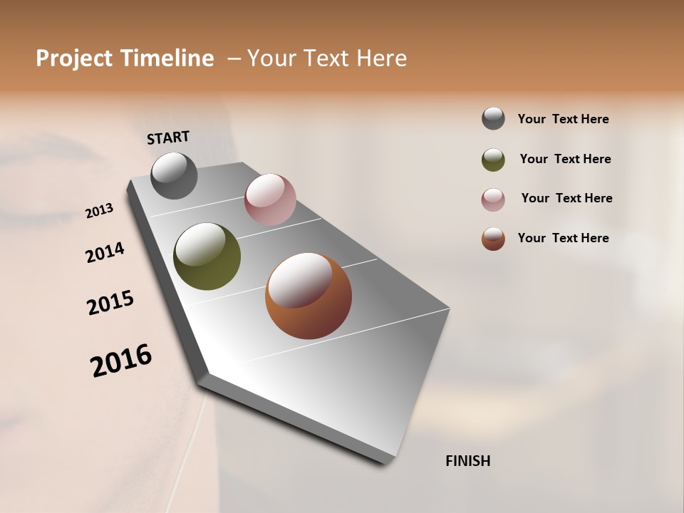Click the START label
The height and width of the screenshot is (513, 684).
pos(168,138)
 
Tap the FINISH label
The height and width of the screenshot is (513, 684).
pos(467,461)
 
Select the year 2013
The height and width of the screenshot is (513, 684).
pos(100,211)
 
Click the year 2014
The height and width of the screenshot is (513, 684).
pos(105,252)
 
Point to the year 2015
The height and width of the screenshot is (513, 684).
pos(110,303)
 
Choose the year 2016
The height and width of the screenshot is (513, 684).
pos(121,361)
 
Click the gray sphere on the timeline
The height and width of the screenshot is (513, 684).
pos(174,175)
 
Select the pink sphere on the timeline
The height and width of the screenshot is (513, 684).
pos(270,199)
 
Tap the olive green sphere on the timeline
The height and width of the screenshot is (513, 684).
pos(207,256)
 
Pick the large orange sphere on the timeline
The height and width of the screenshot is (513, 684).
pos(309,296)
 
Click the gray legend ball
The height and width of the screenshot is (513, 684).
pos(493,119)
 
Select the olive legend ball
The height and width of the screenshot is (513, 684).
pos(493,160)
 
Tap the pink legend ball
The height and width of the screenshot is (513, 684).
pos(493,199)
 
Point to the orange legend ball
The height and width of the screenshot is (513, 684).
pos(493,239)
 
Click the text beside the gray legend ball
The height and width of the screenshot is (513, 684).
pos(563,120)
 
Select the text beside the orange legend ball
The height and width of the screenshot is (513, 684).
pos(563,238)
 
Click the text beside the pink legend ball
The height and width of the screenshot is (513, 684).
pos(566,198)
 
